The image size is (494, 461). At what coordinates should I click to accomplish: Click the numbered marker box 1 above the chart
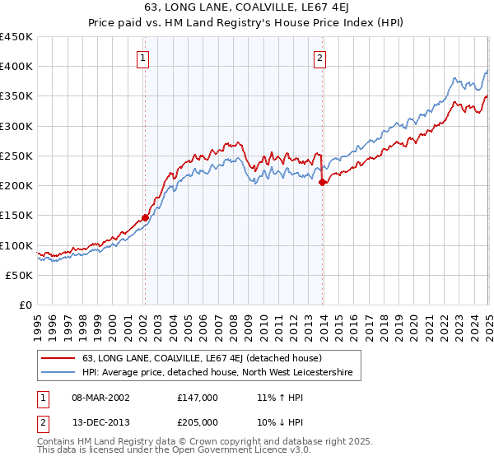coord(143,58)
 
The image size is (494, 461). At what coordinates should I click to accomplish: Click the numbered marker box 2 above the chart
coord(319,58)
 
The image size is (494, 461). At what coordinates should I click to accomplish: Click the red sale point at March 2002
coord(145,217)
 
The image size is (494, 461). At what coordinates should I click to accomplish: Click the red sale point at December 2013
coord(322,183)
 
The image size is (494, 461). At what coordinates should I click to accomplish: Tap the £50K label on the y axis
coord(20,275)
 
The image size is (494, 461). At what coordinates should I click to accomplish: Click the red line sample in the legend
coord(58,359)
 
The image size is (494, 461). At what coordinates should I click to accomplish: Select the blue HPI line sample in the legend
coord(58,373)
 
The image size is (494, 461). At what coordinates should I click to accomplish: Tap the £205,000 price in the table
coord(197,421)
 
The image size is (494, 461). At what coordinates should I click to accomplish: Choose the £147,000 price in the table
coord(197,397)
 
